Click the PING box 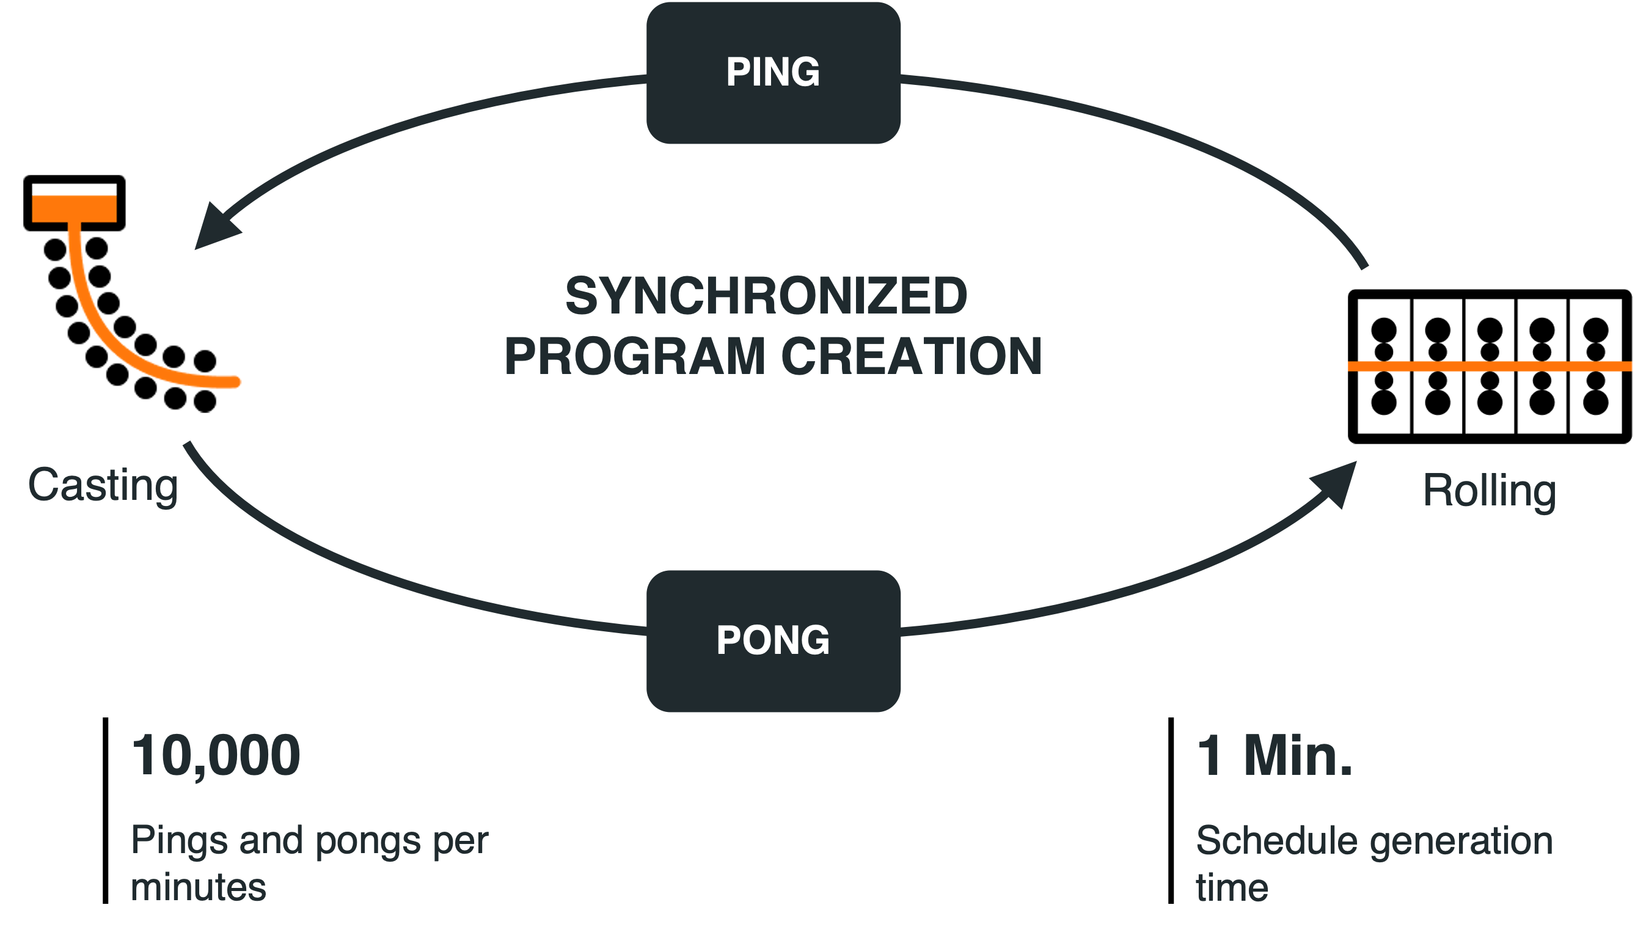point(773,72)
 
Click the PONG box point(773,640)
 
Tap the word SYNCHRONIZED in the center point(766,295)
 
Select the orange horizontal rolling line point(1490,366)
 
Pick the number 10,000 point(216,756)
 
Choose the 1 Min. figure point(1275,756)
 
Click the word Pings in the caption point(179,841)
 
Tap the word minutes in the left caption point(199,887)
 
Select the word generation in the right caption point(1461,842)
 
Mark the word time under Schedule point(1232,887)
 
